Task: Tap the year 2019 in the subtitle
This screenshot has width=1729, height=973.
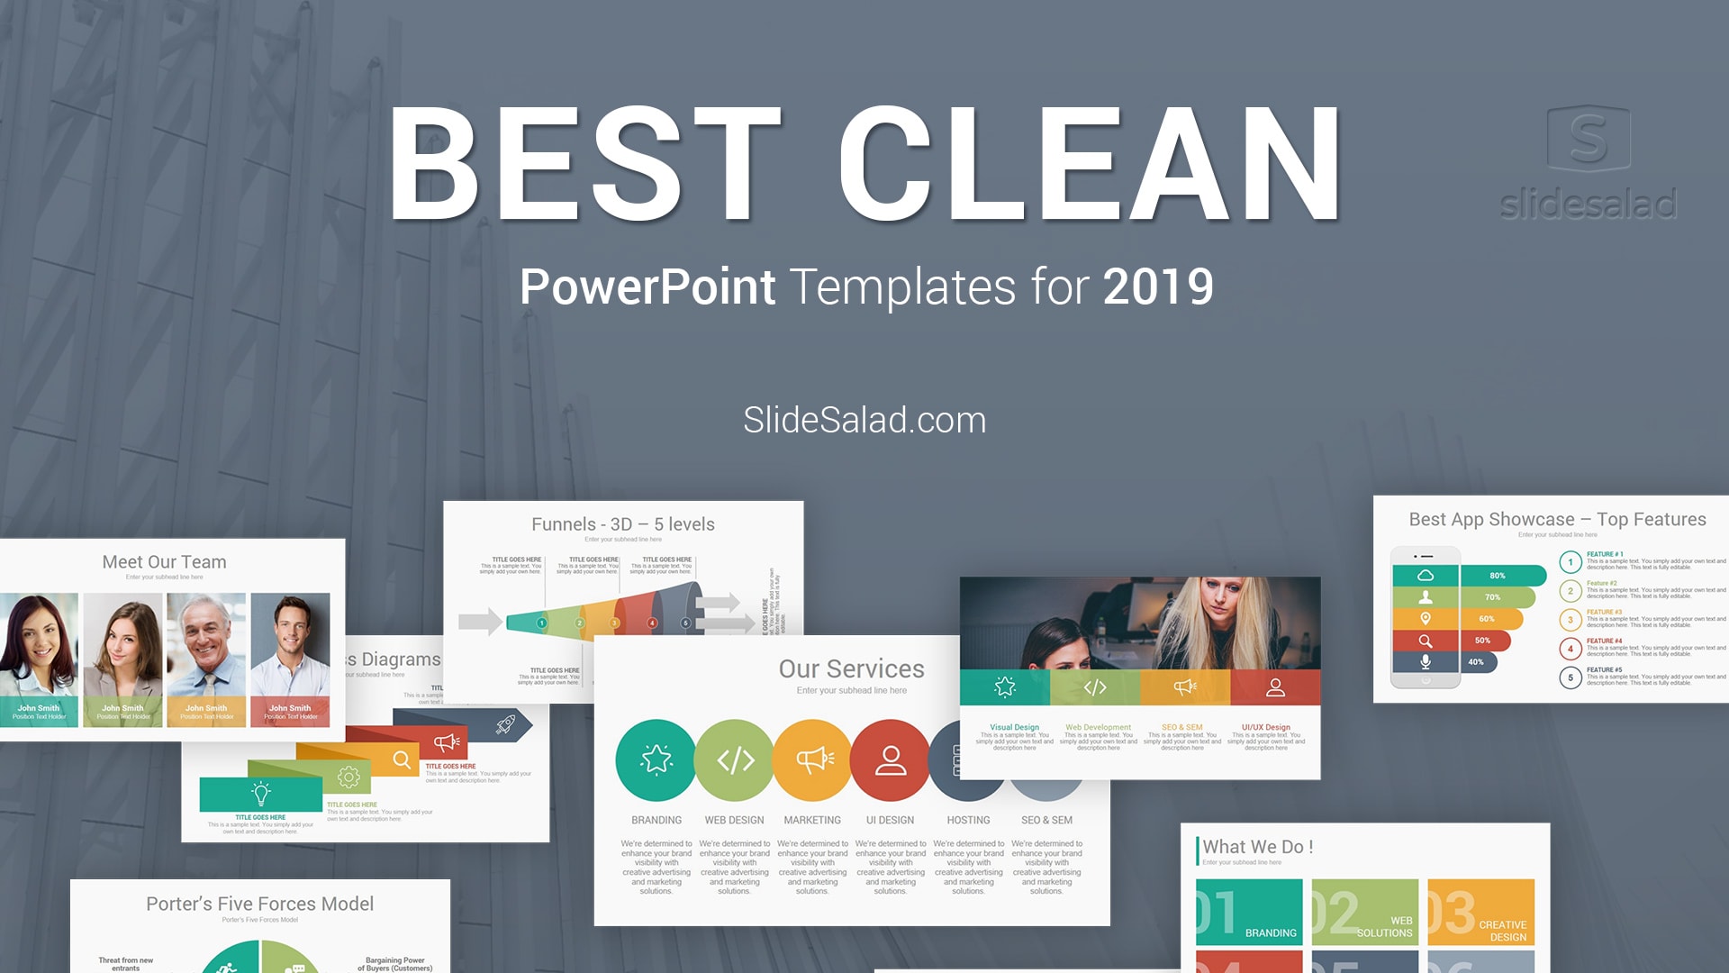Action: (x=1158, y=287)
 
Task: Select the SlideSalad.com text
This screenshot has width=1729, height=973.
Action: (x=864, y=420)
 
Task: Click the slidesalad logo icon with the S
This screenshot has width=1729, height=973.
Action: (x=1589, y=138)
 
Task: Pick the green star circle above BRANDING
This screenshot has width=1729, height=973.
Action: (x=656, y=760)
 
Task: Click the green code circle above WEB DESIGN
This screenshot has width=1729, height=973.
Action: (x=734, y=760)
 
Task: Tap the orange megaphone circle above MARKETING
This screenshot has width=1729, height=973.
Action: (x=812, y=760)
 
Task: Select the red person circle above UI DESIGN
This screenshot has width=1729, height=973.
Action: (x=890, y=760)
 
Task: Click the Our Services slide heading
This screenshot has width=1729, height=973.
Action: (x=851, y=668)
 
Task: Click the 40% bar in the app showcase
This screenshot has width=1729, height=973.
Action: (x=1478, y=662)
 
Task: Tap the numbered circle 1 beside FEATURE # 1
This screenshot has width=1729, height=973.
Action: (x=1571, y=562)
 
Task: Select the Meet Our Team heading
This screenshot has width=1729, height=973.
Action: (x=164, y=562)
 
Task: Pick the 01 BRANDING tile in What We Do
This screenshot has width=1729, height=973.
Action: (x=1249, y=912)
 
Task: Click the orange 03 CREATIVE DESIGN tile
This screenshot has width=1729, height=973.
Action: (x=1480, y=912)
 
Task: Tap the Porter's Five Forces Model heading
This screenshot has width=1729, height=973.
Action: (x=259, y=904)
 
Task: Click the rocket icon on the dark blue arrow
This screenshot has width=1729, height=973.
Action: (x=506, y=723)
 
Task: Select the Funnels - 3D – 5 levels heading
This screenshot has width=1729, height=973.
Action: (x=622, y=524)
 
